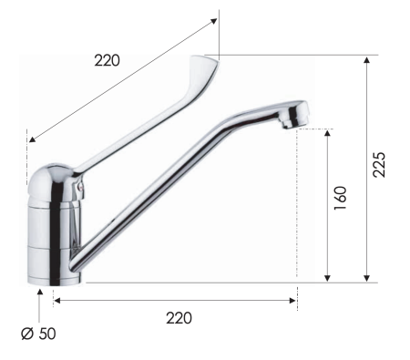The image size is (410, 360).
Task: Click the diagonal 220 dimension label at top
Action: [108, 61]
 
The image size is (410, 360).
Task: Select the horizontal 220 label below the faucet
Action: [178, 318]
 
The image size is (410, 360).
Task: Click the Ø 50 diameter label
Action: [38, 334]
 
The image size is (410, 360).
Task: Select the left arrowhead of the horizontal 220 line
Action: [56, 299]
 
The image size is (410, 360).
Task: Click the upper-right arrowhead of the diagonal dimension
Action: [215, 17]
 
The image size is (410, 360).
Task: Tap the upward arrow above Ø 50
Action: [38, 291]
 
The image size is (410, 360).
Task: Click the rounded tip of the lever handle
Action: [209, 64]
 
